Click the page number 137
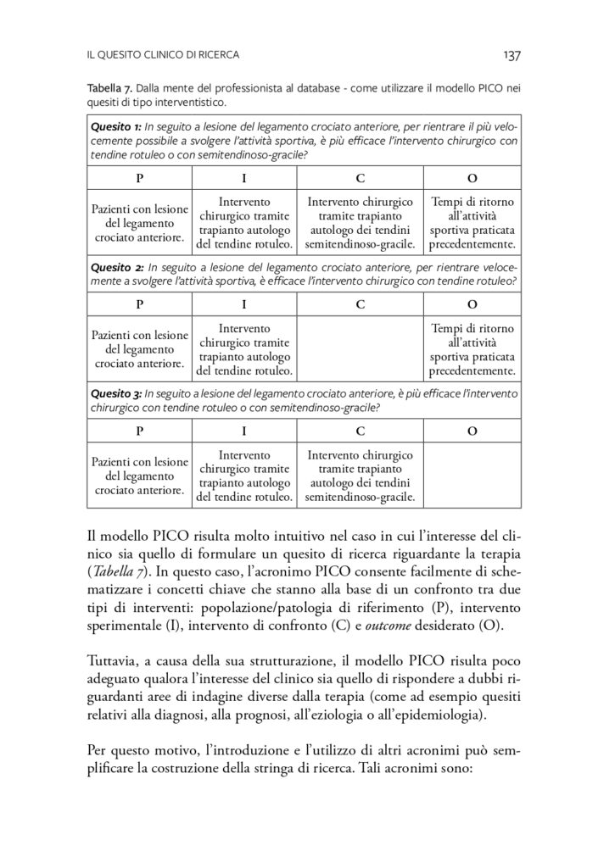511,56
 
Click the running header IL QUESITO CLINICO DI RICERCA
163,56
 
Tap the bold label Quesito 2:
116,265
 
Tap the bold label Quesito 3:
116,393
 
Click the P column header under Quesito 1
140,179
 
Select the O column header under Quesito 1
472,179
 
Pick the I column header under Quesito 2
244,304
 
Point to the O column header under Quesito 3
472,431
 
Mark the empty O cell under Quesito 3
472,476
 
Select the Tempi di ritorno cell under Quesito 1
472,223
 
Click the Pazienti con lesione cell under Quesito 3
140,476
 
